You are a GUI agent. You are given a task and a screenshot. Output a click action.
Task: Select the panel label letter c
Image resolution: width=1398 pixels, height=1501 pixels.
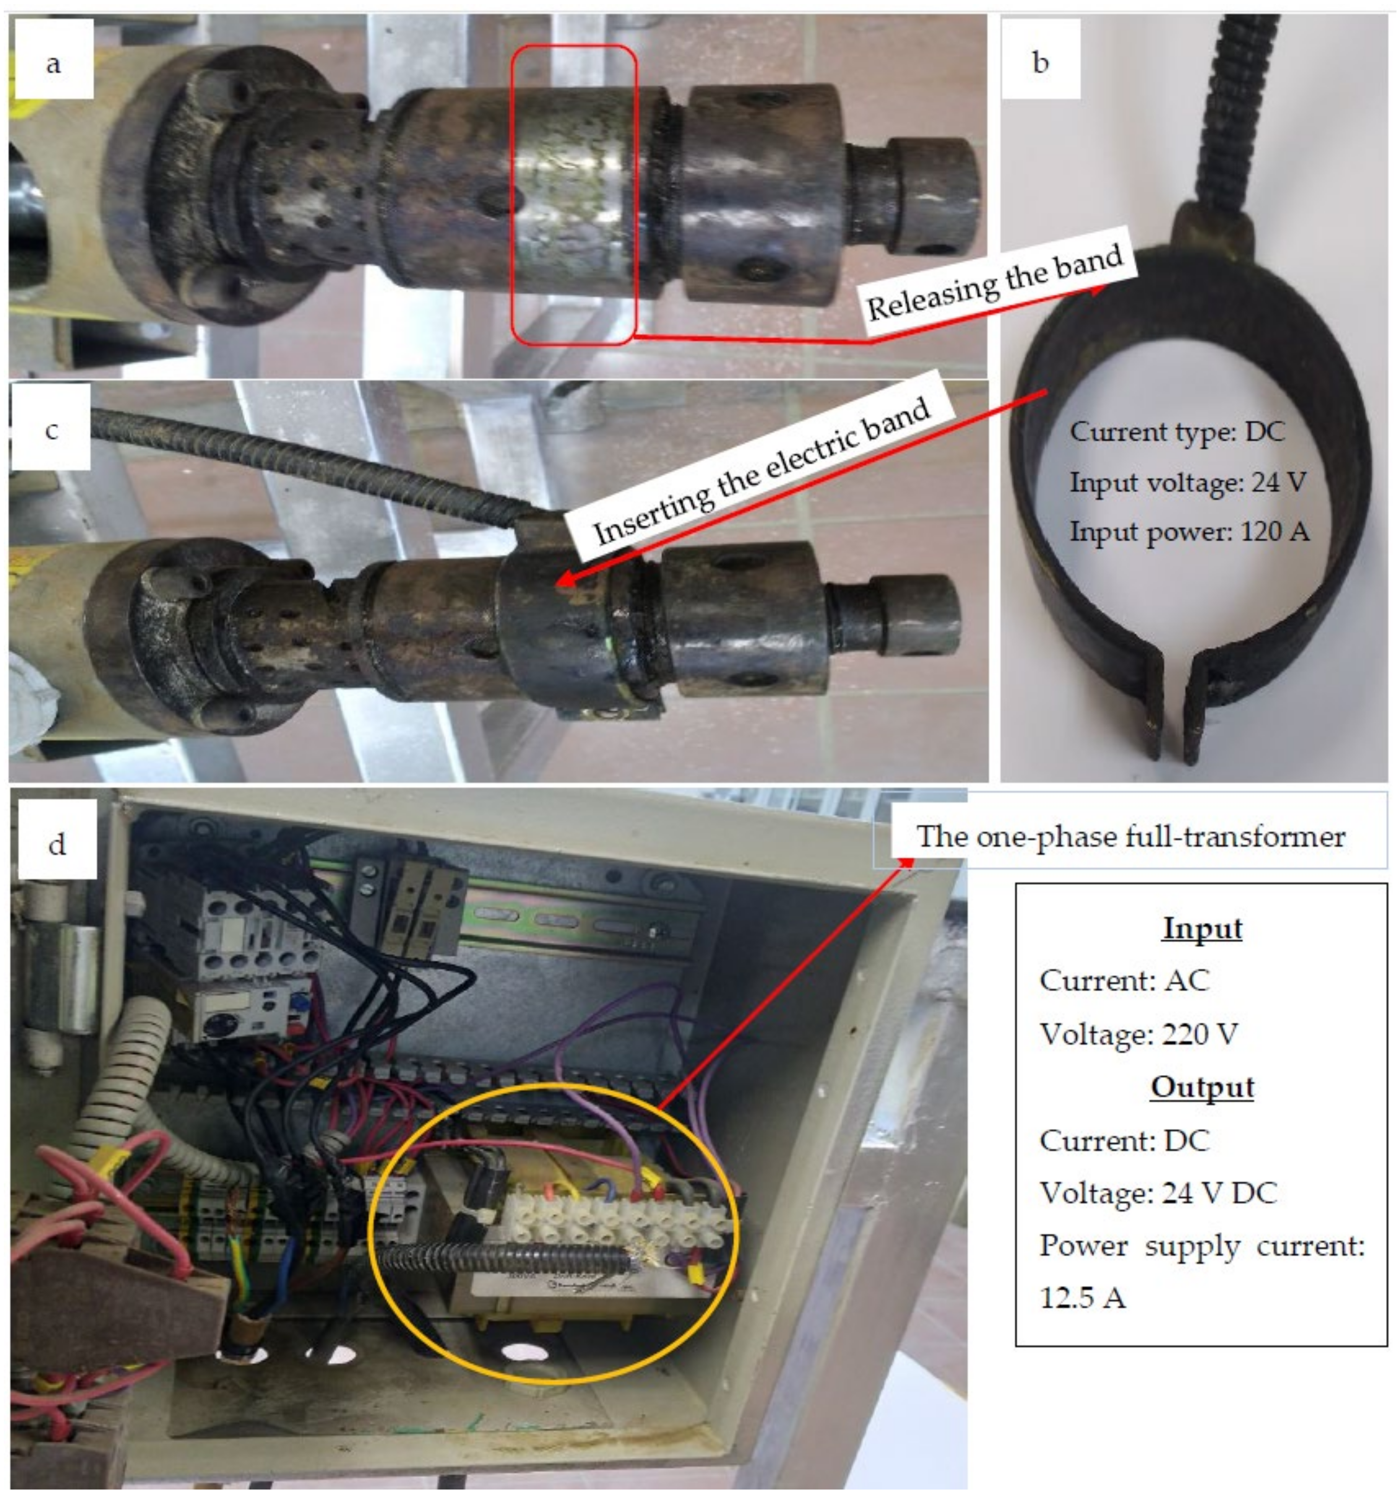coord(51,430)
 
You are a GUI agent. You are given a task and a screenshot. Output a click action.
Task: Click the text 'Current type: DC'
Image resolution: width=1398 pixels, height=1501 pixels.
coord(1176,432)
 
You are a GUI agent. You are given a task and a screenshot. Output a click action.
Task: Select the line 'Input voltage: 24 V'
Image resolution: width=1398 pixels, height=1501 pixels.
coord(1187,482)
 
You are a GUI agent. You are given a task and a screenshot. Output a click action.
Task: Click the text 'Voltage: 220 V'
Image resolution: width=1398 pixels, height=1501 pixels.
coord(1138,1034)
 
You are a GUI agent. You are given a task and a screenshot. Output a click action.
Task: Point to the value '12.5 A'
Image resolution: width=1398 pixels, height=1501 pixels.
coord(1082,1298)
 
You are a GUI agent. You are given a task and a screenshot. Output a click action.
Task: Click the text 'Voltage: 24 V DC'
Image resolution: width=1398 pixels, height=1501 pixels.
coord(1158,1192)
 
